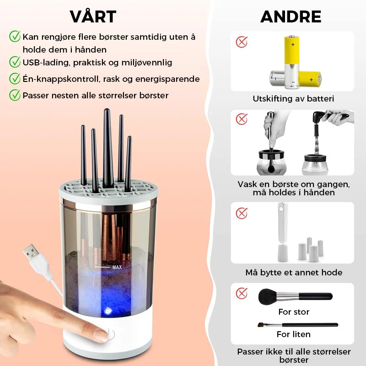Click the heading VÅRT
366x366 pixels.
coord(93,16)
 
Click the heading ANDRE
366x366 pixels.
coord(291,16)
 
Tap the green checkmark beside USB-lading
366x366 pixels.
coord(15,62)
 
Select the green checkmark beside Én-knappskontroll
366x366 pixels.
coord(15,78)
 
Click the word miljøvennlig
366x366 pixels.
coord(147,63)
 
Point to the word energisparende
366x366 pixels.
coord(167,79)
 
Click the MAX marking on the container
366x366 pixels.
coord(117,267)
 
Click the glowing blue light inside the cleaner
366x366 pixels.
coord(108,311)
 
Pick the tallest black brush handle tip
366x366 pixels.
coord(107,111)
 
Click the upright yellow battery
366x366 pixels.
coord(292,62)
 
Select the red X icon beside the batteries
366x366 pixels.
coord(242,42)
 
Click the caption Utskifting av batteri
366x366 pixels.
coord(293,98)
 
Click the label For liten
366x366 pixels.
coord(293,334)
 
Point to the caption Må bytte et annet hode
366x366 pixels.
coord(294,272)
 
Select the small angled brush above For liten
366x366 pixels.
coord(298,325)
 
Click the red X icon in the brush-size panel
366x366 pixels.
coord(242,293)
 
